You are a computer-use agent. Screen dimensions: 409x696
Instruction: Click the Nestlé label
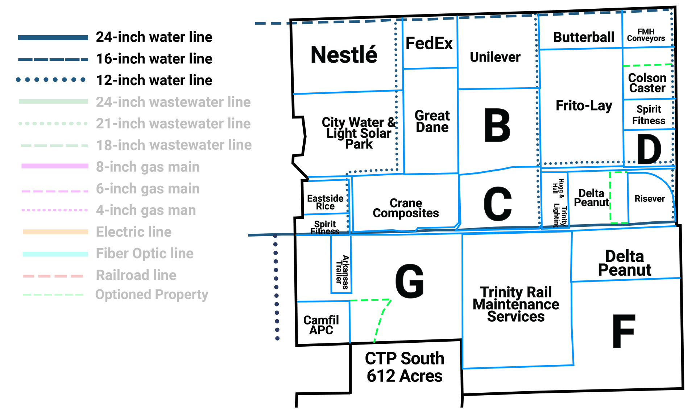coord(344,55)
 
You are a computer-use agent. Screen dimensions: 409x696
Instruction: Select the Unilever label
coord(495,57)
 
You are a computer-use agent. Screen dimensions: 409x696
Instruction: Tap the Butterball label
coord(583,37)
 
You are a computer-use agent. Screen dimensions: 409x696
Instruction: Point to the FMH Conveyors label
coord(646,35)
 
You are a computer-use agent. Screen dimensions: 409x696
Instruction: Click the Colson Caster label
coord(647,83)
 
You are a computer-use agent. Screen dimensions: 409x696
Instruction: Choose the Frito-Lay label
coord(584,106)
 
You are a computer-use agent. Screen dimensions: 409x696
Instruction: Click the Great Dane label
coord(432,121)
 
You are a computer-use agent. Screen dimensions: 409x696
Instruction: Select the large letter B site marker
coord(497,127)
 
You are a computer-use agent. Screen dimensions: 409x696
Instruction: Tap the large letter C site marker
coord(498,204)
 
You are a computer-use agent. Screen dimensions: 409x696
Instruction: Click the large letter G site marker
coord(409,281)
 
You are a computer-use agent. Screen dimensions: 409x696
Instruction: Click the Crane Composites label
coord(406,208)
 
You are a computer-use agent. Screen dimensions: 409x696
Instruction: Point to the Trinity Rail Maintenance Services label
coord(516,304)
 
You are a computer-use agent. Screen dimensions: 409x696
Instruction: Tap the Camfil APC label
coord(321,325)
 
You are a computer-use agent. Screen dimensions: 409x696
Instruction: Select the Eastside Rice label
coord(325,202)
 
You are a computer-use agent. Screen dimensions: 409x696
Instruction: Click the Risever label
coord(650,199)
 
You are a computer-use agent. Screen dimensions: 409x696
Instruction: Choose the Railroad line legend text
coord(136,275)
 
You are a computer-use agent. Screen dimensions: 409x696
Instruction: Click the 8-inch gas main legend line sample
coord(55,166)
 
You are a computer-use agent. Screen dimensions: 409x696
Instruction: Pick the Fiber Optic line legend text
coord(145,254)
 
